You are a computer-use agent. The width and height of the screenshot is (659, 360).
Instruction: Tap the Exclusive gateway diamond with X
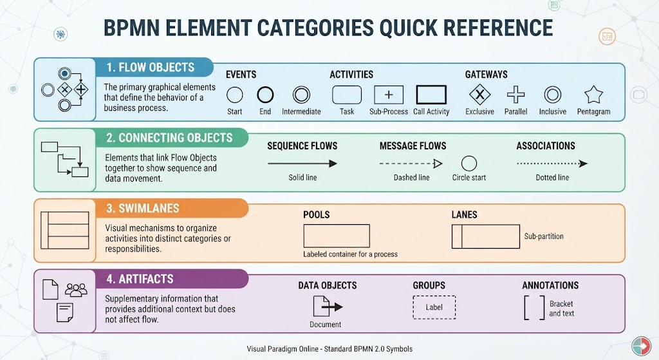point(479,95)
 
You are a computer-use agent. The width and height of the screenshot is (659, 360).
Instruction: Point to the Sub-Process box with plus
point(389,95)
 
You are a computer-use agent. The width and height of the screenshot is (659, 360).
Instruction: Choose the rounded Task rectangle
point(347,86)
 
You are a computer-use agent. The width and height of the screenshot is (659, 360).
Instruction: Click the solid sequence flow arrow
point(302,164)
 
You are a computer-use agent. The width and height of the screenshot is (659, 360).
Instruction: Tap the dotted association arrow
point(552,164)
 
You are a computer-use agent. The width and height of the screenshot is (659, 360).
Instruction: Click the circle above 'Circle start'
point(469,156)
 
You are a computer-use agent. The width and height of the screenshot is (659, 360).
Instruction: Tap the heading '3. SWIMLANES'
point(143,208)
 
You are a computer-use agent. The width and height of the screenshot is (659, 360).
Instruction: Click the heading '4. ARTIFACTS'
point(140,279)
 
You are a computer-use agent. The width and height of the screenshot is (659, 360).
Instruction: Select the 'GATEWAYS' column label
point(487,75)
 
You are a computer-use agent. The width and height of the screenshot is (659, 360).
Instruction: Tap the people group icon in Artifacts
point(76,290)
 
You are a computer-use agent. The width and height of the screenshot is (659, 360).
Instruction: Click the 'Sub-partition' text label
point(544,236)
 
